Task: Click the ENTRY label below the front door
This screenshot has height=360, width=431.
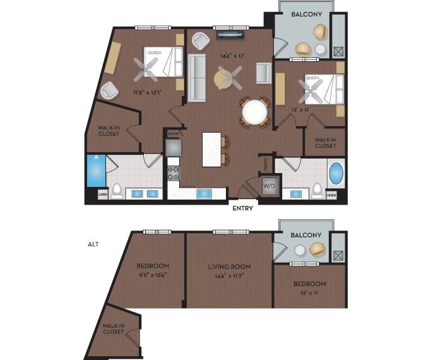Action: point(243,208)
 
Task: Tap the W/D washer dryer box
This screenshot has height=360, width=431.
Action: point(269,186)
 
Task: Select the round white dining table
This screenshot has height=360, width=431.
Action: point(254,112)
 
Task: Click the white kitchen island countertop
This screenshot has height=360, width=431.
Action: point(211,149)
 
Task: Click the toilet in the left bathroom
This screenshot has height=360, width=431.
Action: point(117,189)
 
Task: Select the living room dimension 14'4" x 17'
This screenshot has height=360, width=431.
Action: point(232,56)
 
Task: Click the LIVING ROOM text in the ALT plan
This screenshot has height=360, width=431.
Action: point(229,267)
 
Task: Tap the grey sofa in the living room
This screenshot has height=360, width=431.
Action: point(197,78)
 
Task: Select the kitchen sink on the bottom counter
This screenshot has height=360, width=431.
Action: point(204,193)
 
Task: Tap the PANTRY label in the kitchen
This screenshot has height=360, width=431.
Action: point(174,134)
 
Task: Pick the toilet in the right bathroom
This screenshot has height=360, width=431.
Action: point(317,189)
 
